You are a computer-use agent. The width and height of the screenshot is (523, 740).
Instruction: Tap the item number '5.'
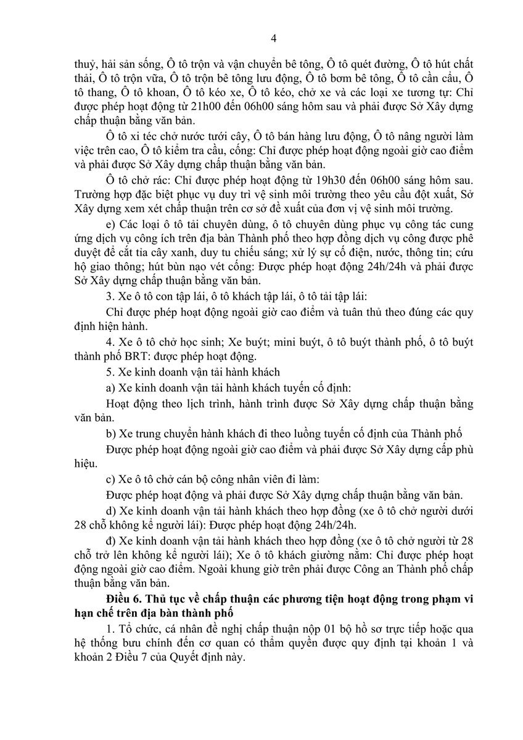click(x=110, y=372)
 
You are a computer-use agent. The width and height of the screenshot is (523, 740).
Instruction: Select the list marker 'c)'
click(x=110, y=480)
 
